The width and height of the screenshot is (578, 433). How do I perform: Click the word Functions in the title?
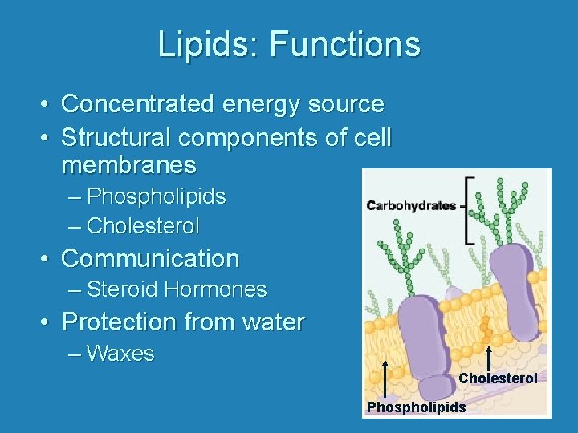[344, 44]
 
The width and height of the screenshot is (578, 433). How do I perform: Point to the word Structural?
[116, 138]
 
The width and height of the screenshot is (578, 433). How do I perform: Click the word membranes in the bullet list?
[128, 166]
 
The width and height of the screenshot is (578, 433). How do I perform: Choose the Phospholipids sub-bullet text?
[156, 196]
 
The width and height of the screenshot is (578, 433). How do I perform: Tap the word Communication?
[150, 259]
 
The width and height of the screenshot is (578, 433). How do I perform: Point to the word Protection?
[119, 322]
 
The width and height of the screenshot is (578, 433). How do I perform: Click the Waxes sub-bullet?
[120, 354]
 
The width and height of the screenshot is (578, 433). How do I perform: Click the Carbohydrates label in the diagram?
[411, 206]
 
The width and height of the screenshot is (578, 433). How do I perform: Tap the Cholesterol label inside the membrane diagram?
[498, 378]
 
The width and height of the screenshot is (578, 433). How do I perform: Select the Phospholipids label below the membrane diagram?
[416, 407]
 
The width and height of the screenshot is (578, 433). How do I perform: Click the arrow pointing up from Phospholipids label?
[387, 379]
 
